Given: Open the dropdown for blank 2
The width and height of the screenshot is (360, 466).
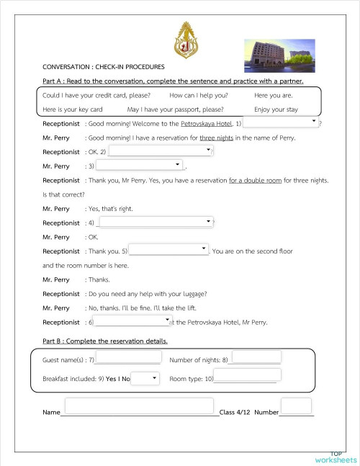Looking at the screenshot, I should [161, 151].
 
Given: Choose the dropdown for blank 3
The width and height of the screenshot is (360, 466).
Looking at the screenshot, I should [142, 165].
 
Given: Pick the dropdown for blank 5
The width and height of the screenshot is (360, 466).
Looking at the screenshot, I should [168, 250].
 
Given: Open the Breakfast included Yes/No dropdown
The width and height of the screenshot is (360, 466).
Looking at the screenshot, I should [145, 378].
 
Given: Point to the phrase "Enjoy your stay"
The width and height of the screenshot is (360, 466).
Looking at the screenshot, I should [276, 109].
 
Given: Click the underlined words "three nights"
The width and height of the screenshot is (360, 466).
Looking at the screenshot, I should [217, 137].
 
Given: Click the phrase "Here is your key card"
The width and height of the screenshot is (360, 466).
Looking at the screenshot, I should [73, 109].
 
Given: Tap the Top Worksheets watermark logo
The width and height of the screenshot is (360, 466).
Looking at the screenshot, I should [335, 457].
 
